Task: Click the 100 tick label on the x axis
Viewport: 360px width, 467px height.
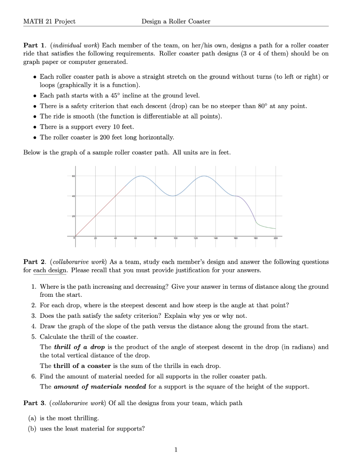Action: [176, 239]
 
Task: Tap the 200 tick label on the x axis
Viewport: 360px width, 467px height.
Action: [276, 239]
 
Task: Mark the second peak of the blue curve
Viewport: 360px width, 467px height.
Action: [204, 176]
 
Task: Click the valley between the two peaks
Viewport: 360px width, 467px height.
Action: [173, 196]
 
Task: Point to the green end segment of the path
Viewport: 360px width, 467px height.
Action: [267, 226]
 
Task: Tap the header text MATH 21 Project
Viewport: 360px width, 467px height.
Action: [49, 21]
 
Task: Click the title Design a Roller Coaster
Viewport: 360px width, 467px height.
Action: [176, 21]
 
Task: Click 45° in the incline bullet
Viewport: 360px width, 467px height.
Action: [109, 96]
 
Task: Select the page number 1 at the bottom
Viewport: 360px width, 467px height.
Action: [176, 449]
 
